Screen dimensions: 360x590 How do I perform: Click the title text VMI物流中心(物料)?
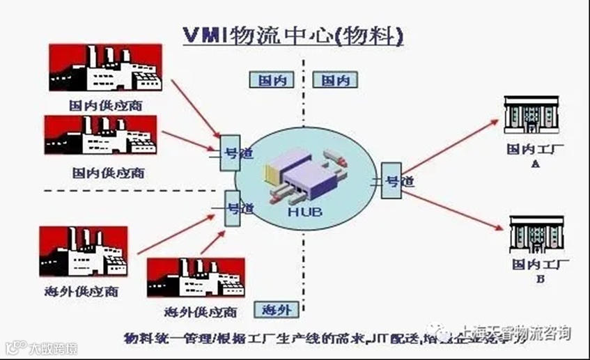(x=292, y=36)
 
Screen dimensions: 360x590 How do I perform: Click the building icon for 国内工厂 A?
(x=531, y=115)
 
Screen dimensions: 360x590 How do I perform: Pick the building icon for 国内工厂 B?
(x=534, y=235)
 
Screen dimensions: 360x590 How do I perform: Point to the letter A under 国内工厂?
(x=535, y=164)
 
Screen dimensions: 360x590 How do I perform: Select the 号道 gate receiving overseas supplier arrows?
(x=233, y=208)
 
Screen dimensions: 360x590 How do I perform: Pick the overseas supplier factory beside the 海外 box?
(x=195, y=278)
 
